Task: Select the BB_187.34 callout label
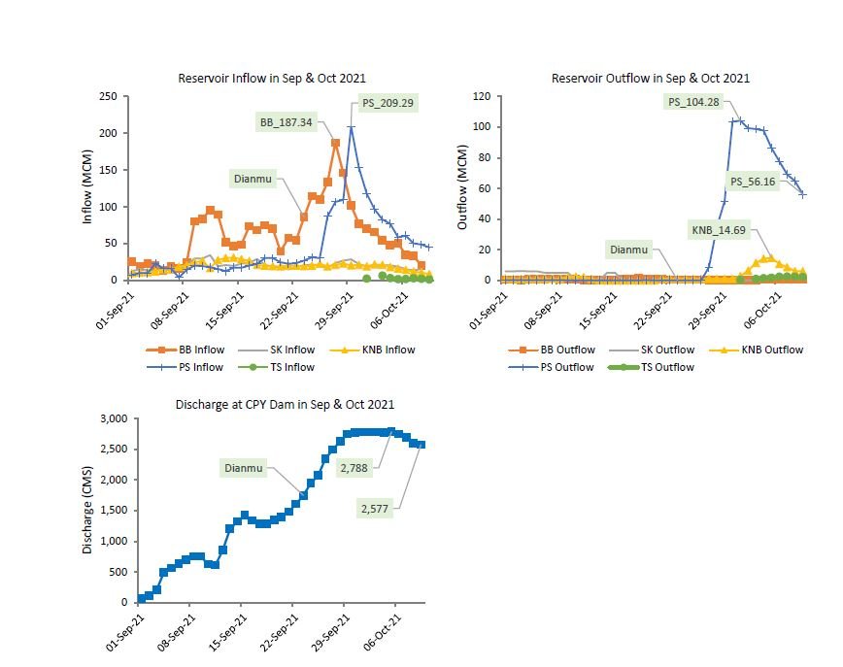tap(288, 122)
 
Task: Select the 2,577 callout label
tap(378, 509)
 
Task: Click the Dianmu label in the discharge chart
tap(244, 468)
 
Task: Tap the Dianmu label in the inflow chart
tap(253, 178)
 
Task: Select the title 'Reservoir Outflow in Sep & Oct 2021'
tap(650, 78)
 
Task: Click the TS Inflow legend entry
tap(288, 367)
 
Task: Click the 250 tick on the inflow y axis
tap(108, 96)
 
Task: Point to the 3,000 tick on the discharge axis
tap(113, 418)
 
